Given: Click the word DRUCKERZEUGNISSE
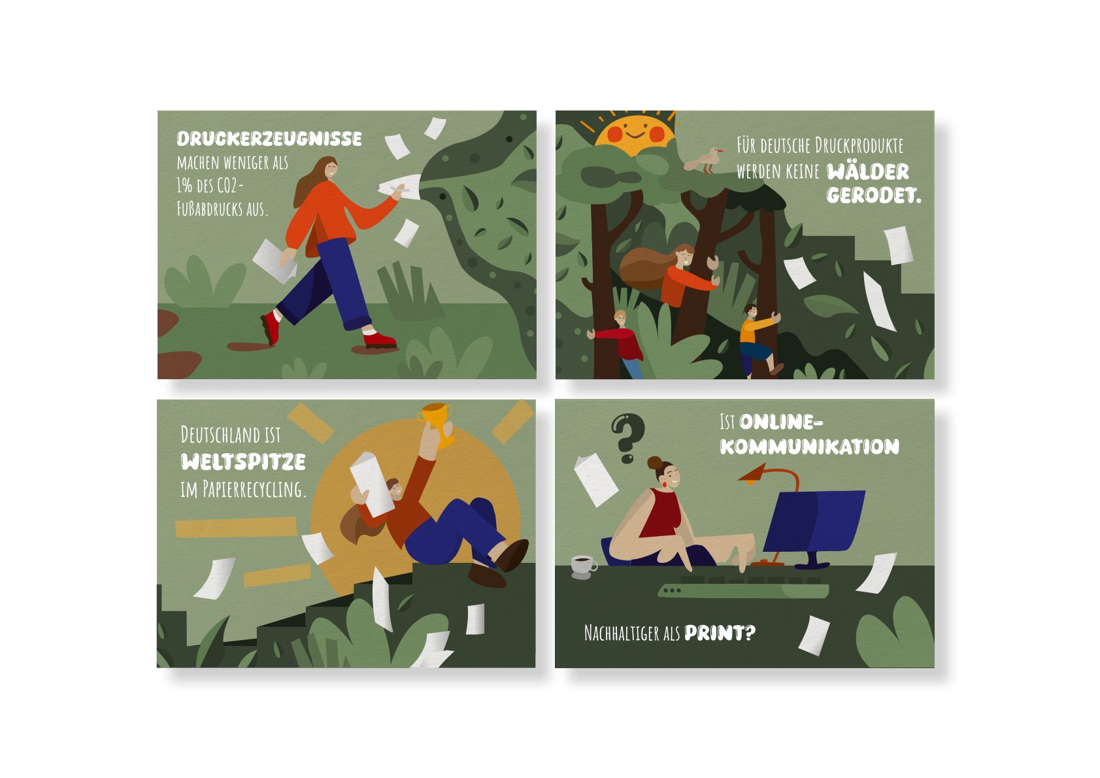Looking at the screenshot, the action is [x=269, y=139].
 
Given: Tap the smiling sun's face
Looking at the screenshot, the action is [x=635, y=132].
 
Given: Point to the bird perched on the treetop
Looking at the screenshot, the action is [x=704, y=160].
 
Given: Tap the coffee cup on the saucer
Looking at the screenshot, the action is [x=583, y=565].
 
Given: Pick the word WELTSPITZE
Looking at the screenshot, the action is [x=243, y=462].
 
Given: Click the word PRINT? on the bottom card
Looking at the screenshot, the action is [x=720, y=634].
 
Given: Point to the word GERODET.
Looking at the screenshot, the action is [x=874, y=196].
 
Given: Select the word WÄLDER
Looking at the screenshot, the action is [x=868, y=172].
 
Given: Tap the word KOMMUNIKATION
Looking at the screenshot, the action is [x=809, y=447].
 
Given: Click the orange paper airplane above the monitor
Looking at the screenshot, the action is [x=753, y=473].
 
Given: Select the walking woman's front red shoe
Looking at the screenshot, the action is [x=380, y=340].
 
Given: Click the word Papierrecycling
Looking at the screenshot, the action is [x=254, y=490].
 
